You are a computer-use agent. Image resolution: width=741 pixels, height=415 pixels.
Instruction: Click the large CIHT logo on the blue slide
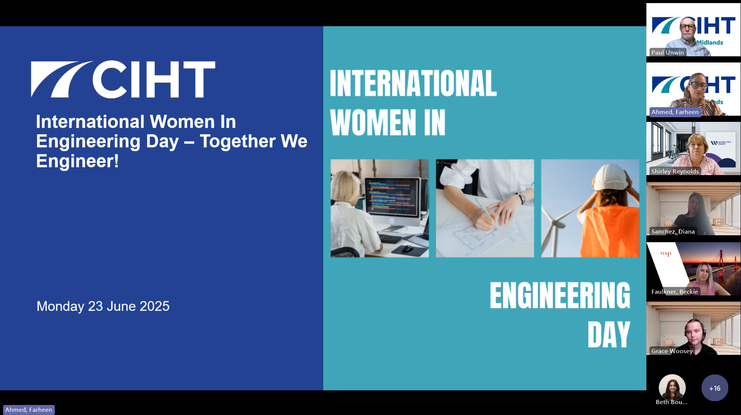click(123, 79)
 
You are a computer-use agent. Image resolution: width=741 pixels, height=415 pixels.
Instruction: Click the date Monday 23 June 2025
click(103, 306)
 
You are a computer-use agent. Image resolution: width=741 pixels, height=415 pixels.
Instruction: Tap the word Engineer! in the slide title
click(77, 161)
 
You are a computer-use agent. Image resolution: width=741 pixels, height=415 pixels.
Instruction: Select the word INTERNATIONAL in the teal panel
click(413, 83)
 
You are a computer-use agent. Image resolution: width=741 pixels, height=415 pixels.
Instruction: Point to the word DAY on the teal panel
click(609, 335)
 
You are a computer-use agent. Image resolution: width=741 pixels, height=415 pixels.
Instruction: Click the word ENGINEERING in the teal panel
click(560, 295)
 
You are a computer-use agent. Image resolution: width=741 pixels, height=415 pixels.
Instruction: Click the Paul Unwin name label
click(667, 52)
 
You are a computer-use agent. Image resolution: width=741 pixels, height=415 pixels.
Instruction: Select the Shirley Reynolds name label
click(675, 171)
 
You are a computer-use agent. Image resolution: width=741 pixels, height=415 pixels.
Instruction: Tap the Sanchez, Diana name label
click(673, 231)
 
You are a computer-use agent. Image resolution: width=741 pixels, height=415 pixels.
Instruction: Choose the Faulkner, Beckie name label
click(675, 292)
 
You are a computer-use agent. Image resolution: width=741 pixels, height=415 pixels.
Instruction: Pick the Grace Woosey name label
click(672, 351)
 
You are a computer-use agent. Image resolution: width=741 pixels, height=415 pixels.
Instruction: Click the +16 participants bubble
click(715, 388)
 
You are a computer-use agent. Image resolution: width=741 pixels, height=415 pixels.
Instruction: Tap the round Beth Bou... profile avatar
click(672, 388)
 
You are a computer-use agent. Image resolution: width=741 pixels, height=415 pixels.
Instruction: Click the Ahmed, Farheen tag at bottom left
click(29, 410)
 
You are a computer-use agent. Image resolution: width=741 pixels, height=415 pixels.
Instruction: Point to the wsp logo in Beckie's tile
click(666, 254)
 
